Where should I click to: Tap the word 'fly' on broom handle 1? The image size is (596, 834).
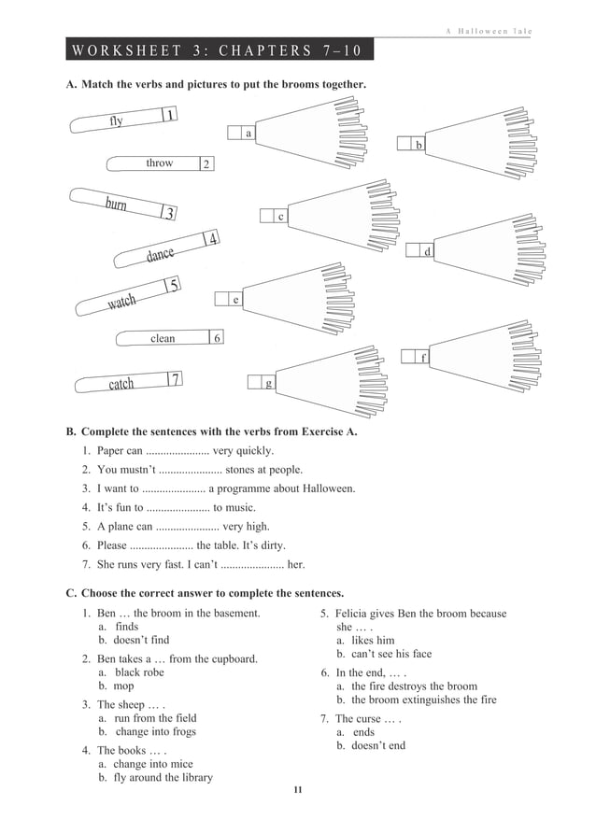pos(116,121)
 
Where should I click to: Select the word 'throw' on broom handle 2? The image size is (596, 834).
pos(159,163)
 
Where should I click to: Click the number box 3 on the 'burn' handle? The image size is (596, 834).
pos(168,214)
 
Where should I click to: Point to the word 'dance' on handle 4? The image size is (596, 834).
pos(160,254)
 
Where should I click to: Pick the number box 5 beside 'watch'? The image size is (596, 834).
pos(173,286)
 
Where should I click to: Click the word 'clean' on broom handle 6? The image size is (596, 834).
pos(163,338)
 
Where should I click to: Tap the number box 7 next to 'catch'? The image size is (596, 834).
pos(173,378)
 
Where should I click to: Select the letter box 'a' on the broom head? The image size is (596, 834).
pos(248,134)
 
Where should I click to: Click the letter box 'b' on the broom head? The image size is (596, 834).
pos(418,145)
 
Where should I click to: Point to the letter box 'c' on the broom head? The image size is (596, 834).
pos(279,217)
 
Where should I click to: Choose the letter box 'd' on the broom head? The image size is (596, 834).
pos(427,251)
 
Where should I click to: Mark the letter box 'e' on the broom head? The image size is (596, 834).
pos(234,300)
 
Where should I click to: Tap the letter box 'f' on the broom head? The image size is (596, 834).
pos(422,357)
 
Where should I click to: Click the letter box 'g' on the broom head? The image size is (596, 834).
pos(268,382)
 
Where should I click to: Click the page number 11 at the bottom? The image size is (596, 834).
pos(297,791)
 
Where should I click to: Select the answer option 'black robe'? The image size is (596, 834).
pos(139,672)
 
